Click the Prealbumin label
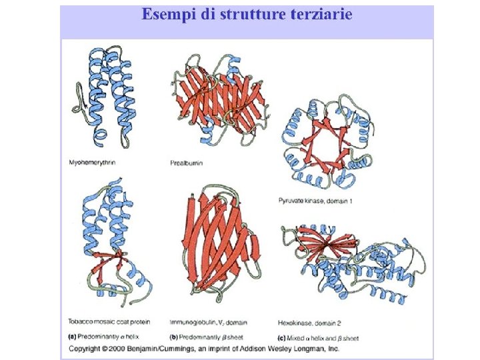pyautogui.click(x=187, y=163)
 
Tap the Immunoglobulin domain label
pyautogui.click(x=209, y=323)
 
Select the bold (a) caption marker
pyautogui.click(x=73, y=338)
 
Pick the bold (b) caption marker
pyautogui.click(x=173, y=338)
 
